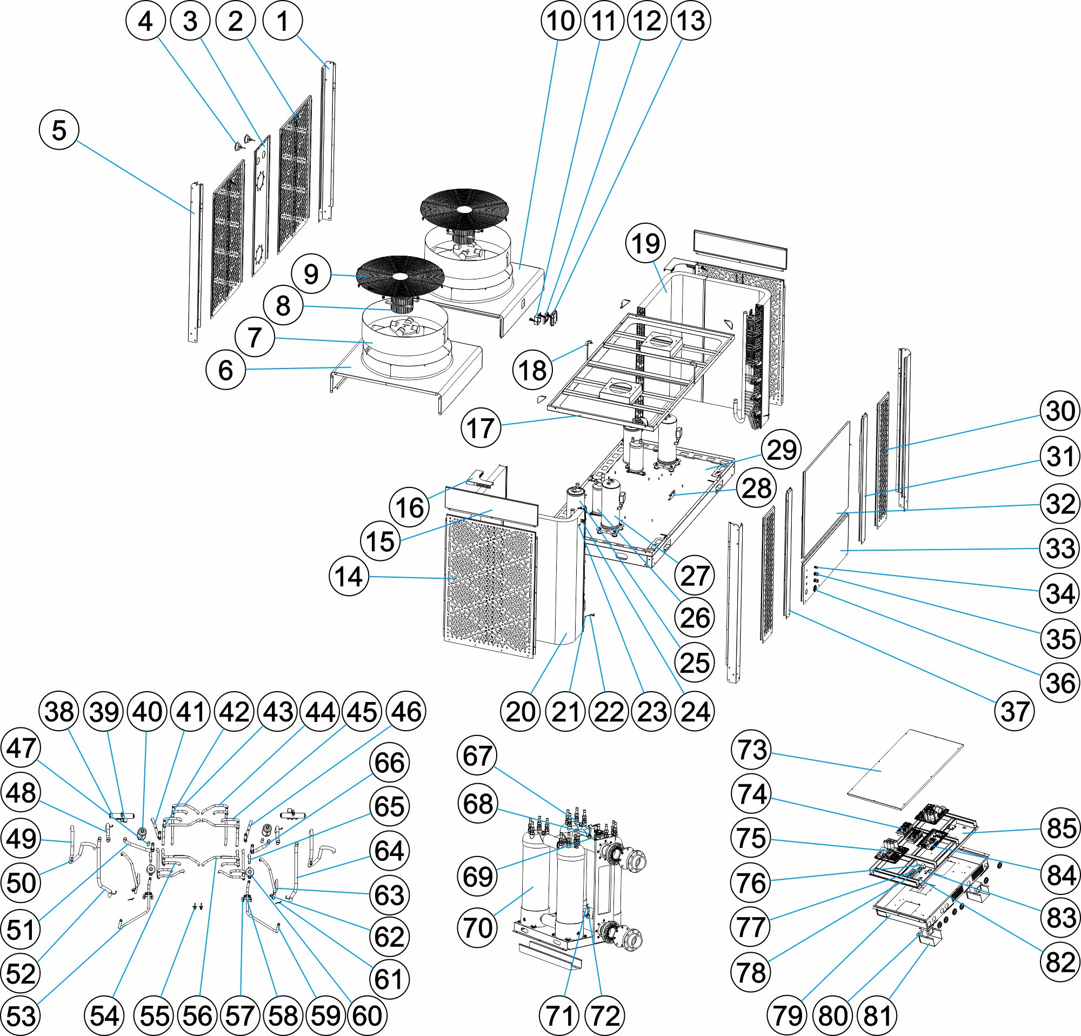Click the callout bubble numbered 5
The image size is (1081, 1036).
pyautogui.click(x=59, y=131)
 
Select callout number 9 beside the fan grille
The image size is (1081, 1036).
pyautogui.click(x=311, y=274)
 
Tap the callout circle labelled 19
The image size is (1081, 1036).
pyautogui.click(x=645, y=243)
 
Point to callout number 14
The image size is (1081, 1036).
pyautogui.click(x=349, y=577)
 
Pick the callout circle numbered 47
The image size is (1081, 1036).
pyautogui.click(x=22, y=748)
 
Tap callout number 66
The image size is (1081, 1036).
pyautogui.click(x=389, y=763)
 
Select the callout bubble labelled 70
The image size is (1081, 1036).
pyautogui.click(x=478, y=928)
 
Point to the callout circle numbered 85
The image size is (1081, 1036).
pyautogui.click(x=1060, y=828)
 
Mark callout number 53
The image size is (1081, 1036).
pyautogui.click(x=22, y=1015)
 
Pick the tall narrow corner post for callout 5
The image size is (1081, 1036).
pyautogui.click(x=195, y=262)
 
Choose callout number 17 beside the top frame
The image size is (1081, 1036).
pyautogui.click(x=481, y=427)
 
